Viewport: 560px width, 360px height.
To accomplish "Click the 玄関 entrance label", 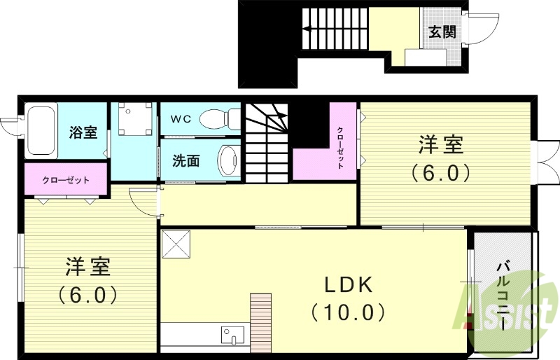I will point(442,32).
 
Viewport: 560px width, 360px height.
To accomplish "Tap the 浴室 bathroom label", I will point(83,132).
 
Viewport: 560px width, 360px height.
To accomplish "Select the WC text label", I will point(181,118).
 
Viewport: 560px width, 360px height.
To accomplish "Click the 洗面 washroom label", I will point(186,160).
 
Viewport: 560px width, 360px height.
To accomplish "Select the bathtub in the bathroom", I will point(41,130).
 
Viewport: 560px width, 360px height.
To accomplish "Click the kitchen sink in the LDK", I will point(232,335).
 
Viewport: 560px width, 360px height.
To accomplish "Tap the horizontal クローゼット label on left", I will point(66,180).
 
